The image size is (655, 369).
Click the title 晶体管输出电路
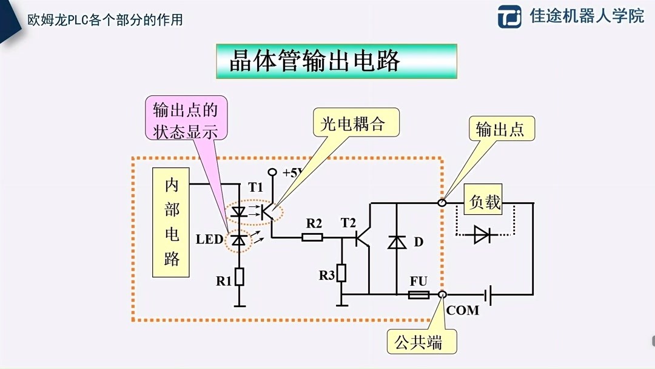tap(336, 61)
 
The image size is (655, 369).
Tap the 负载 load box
tap(485, 201)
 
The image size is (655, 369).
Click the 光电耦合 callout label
tap(357, 123)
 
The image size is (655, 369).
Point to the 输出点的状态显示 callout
tap(186, 121)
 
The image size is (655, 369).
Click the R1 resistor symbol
tap(240, 276)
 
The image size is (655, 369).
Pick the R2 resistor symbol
tap(312, 237)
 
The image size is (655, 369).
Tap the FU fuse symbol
tap(418, 295)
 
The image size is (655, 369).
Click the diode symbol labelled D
tap(397, 242)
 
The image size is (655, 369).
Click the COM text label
tap(462, 311)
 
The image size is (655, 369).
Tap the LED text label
tap(209, 239)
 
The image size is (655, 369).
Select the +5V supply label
tap(292, 172)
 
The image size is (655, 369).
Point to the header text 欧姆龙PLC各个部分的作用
tap(105, 19)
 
